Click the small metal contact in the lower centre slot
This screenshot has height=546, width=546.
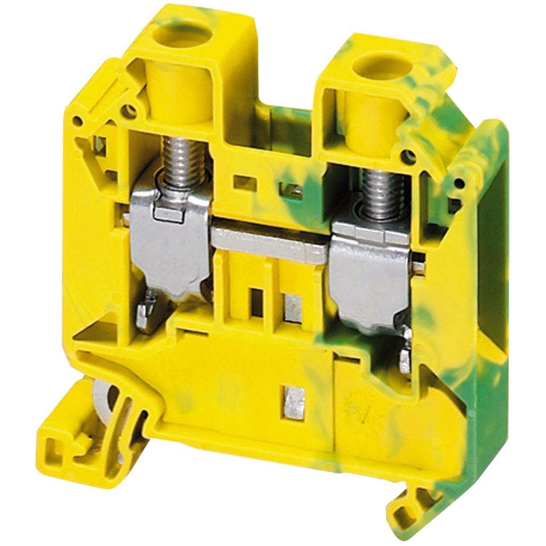click(295, 399)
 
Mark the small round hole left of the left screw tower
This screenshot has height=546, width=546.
click(130, 111)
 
